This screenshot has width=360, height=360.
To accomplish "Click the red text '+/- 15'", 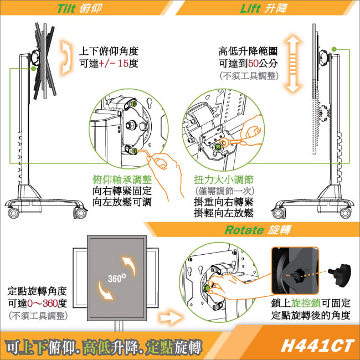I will (114, 64).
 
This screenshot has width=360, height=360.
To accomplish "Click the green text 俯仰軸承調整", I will (122, 180).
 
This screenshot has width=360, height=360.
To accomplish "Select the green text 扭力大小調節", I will (223, 180).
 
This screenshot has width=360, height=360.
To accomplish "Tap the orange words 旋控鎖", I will (307, 303).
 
